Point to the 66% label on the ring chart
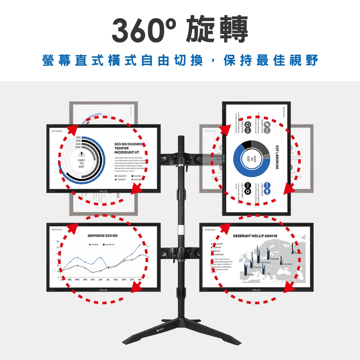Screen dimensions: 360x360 point(78,147)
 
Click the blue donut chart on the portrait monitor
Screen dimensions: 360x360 point(251,159)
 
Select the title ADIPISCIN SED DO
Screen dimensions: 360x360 point(103,235)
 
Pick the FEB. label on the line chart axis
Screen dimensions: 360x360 point(70,279)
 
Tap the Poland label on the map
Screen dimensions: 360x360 point(275,259)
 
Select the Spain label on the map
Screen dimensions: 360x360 point(251,275)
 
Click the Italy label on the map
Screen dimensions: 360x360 point(268,274)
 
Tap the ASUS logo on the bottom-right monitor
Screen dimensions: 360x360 point(256,289)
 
